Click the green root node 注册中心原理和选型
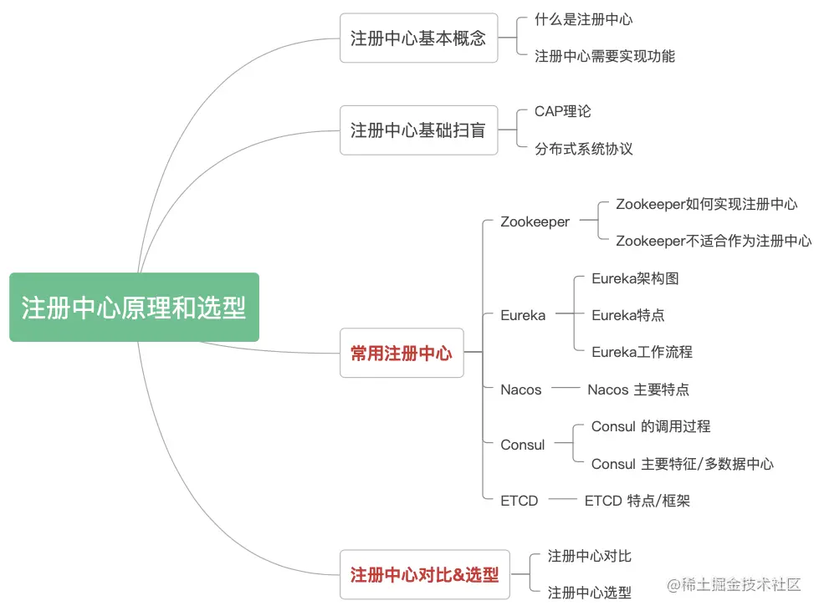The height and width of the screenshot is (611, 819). click(134, 308)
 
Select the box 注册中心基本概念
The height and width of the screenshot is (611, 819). click(418, 38)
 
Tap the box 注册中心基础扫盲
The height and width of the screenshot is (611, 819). click(418, 130)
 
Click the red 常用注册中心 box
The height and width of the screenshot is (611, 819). click(402, 354)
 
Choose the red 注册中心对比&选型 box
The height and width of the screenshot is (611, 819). click(425, 575)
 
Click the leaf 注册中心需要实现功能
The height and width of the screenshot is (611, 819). click(605, 56)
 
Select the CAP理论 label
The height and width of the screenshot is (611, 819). click(563, 111)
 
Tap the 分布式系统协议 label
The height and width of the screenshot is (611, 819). click(584, 149)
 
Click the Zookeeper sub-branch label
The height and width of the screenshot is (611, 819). click(535, 222)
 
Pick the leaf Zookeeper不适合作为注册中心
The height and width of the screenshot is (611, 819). click(714, 241)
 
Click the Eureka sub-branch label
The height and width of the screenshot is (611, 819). click(523, 315)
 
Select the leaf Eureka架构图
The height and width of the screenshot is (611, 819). click(635, 278)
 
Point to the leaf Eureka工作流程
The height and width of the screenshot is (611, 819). click(642, 352)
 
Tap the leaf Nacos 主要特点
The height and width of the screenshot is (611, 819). click(638, 390)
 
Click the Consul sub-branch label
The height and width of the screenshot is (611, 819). click(523, 445)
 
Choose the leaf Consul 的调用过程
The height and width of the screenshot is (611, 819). click(651, 426)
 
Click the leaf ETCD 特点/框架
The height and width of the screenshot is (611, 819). click(637, 501)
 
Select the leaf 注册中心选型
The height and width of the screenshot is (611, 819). click(590, 593)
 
